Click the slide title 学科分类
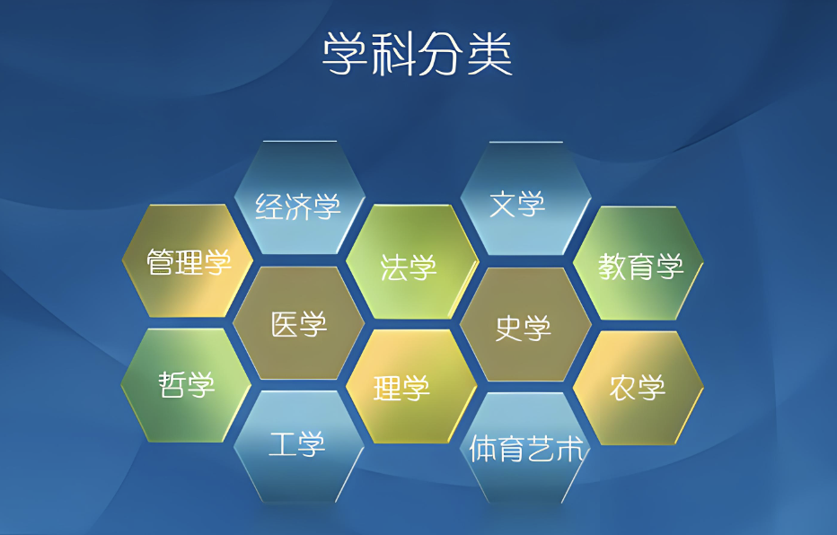[x=418, y=54]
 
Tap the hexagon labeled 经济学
[x=299, y=197]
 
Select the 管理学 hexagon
[x=188, y=261]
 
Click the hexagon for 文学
[x=525, y=198]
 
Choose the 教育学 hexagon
[x=639, y=263]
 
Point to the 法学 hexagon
[x=412, y=262]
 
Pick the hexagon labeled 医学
[x=299, y=323]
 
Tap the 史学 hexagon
[x=525, y=325]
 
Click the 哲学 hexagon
[x=186, y=385]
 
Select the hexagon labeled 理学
[x=411, y=386]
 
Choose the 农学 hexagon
[x=639, y=388]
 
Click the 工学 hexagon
[x=299, y=446]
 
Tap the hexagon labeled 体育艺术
[x=525, y=448]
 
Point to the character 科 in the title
[x=392, y=54]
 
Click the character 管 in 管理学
[x=160, y=262]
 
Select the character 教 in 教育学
[x=612, y=267]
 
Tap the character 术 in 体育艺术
[x=570, y=450]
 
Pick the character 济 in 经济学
[x=298, y=206]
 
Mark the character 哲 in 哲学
[x=172, y=384]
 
